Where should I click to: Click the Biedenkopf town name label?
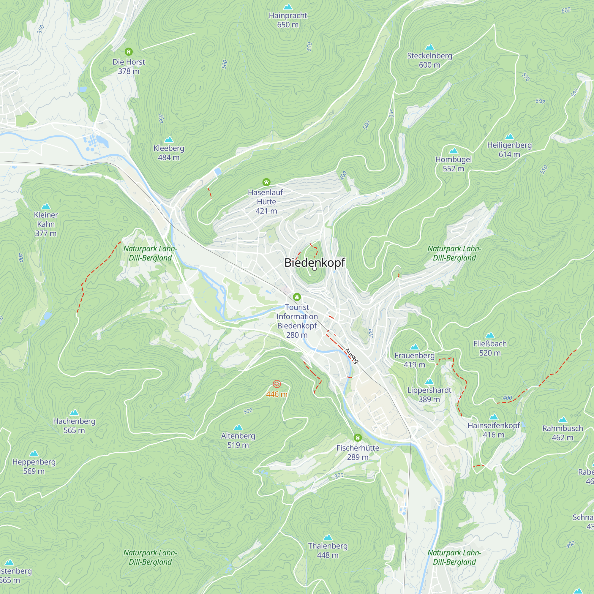pos(315,263)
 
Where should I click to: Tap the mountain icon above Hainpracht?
pos(288,7)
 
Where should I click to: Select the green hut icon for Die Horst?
pos(129,52)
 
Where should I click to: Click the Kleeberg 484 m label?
pos(169,153)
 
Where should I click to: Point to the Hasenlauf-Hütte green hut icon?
pos(266,182)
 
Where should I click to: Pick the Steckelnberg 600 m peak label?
pos(429,60)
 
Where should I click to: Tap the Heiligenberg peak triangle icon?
pos(509,137)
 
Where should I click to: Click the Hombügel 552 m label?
pos(453,164)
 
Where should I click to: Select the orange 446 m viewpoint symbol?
pos(277,384)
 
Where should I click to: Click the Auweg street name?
pos(351,356)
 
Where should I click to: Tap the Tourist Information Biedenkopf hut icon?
pos(297,297)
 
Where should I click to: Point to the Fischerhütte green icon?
pos(358,437)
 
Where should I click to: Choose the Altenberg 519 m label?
pos(238,440)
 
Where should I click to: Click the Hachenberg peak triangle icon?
pos(74,413)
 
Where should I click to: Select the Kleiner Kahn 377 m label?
pos(46,224)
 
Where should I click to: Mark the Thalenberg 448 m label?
pos(328,550)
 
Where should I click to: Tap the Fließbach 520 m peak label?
pos(490,348)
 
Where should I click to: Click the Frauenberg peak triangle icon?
pos(414,347)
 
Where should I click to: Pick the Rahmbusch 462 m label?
pos(562,433)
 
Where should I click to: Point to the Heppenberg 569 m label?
pos(34,466)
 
